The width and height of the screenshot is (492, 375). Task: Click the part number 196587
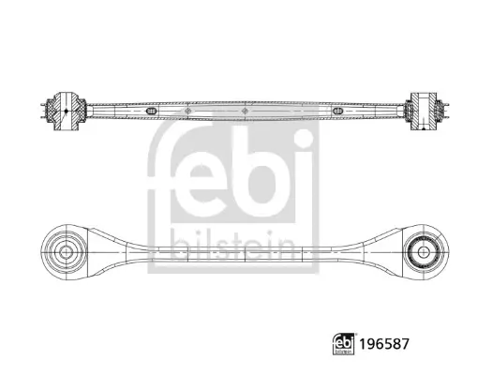point(384,344)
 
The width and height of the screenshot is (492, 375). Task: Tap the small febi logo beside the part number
point(343,344)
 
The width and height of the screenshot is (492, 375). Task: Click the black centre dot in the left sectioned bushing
point(66,111)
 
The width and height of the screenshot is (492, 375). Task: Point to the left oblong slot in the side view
point(151,111)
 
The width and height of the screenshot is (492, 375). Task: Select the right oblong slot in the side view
point(337,111)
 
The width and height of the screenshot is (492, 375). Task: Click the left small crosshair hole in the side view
point(188,111)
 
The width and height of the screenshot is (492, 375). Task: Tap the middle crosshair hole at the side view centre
point(245,111)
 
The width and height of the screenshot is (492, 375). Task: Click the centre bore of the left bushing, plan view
point(66,252)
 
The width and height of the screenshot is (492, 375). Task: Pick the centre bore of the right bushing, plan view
point(424,251)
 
